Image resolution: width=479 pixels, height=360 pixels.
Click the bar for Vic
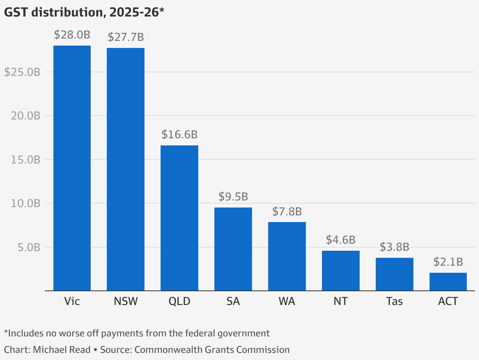coord(72,168)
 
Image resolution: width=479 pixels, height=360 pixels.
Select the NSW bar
coord(126,169)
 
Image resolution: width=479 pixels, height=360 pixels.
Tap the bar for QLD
coord(179,218)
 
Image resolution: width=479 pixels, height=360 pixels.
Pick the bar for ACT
coord(448,282)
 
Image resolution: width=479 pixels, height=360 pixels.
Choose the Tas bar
coord(394,274)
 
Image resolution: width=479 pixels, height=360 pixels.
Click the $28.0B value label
coord(72,35)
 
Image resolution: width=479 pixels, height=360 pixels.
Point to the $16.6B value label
coord(179,135)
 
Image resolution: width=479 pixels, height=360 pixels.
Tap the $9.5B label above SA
coord(233,197)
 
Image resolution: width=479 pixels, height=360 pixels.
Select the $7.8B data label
coord(287,211)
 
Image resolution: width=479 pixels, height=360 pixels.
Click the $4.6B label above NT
coord(340,240)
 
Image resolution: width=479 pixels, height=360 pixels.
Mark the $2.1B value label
coord(448,262)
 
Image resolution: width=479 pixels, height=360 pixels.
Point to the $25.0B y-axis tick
coord(22,72)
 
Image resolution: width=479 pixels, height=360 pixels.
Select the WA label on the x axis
coord(287,301)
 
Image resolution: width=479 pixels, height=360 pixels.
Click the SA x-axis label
coord(233,301)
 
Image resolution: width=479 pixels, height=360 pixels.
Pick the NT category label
coord(340,301)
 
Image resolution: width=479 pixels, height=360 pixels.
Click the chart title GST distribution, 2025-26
coord(84,13)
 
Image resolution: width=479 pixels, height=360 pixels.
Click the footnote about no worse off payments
coord(137,333)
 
